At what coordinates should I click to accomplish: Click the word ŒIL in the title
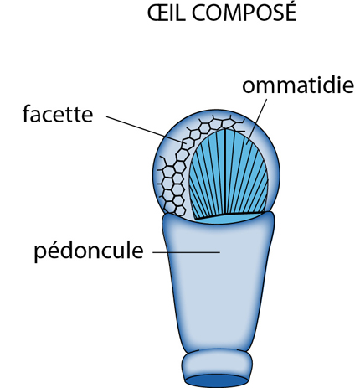(166, 13)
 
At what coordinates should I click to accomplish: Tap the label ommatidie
(298, 85)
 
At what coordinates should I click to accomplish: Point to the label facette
(58, 113)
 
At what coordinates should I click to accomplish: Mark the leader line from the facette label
(147, 130)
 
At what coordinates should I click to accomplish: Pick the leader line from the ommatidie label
(257, 122)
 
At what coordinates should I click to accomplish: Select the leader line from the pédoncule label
(186, 252)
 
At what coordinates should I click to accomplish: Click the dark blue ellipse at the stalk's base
(217, 380)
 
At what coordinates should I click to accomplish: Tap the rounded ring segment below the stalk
(217, 363)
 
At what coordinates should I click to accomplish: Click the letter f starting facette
(27, 113)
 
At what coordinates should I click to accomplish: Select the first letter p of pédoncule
(39, 254)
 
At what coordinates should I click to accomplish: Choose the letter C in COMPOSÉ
(200, 13)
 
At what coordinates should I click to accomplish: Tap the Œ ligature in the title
(157, 13)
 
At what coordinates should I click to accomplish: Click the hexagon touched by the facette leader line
(188, 143)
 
